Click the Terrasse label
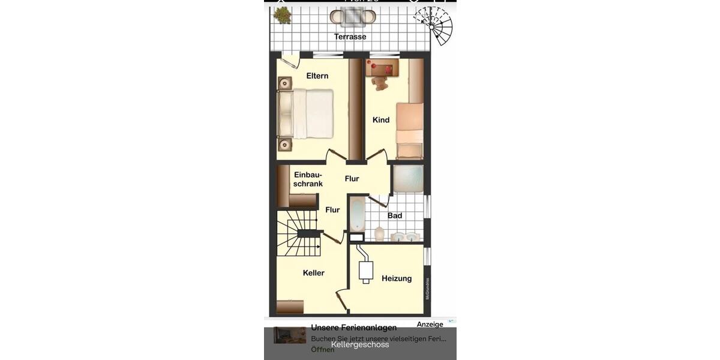pos(350,37)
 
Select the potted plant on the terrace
pos(282,14)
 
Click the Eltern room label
pos(317,76)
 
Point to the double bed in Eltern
pos(306,114)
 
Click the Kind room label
pos(381,120)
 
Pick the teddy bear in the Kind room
pos(380,83)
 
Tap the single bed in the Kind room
pos(410,129)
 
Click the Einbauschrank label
pos(308,179)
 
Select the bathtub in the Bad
pos(357,215)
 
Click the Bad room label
pos(395,215)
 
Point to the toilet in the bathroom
pos(380,233)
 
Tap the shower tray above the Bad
pos(408,179)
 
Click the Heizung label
pos(397,278)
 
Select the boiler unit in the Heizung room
pos(365,271)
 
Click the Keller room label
pos(313,273)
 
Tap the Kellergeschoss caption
pos(360,344)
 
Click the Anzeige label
pos(430,325)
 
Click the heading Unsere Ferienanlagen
pos(353,328)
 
